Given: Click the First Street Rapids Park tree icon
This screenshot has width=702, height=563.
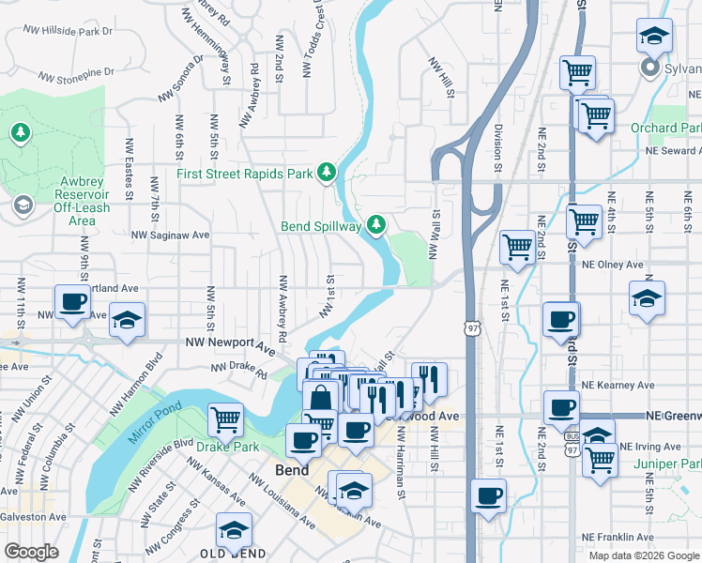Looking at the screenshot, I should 326,173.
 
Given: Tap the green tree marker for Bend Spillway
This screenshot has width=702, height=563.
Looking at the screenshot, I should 376,224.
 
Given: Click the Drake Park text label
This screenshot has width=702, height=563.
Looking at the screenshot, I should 227,447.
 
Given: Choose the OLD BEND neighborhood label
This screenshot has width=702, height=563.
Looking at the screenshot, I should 232,553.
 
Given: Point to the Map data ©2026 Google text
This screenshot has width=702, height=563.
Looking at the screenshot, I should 643,555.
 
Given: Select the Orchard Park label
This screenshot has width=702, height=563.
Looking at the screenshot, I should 666,128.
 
